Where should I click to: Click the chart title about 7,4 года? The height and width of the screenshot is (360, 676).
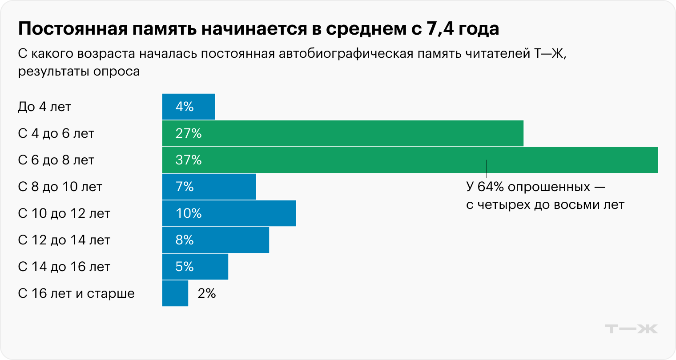coord(258,29)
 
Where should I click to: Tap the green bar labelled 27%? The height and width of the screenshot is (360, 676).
coord(342,133)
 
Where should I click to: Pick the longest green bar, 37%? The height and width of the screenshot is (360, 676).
coord(409,160)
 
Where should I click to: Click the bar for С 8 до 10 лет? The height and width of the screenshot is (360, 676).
coord(209,187)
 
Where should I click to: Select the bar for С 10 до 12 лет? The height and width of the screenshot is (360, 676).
coord(229,213)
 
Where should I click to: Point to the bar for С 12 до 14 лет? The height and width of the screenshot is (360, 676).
coord(216,240)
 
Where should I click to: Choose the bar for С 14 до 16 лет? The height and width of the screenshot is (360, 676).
coord(195,267)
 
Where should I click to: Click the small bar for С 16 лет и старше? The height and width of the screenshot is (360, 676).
coord(175,293)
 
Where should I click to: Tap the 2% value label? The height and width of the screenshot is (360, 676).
coord(207,293)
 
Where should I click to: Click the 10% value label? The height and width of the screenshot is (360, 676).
coord(189,213)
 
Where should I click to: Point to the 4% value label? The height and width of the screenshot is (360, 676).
coord(185,107)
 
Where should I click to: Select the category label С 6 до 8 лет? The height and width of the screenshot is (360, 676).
coord(56,160)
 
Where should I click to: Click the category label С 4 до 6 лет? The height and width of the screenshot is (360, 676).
coord(56,133)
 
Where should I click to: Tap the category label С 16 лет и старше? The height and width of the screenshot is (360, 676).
coord(76,293)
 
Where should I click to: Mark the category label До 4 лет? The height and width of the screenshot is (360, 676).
coord(44,107)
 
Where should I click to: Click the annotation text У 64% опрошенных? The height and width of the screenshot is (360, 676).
coord(535,187)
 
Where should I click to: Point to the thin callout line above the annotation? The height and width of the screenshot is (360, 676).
coord(487,169)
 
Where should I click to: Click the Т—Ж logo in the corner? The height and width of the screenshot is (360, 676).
coord(631,329)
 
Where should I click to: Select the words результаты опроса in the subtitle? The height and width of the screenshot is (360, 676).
coord(79,71)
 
